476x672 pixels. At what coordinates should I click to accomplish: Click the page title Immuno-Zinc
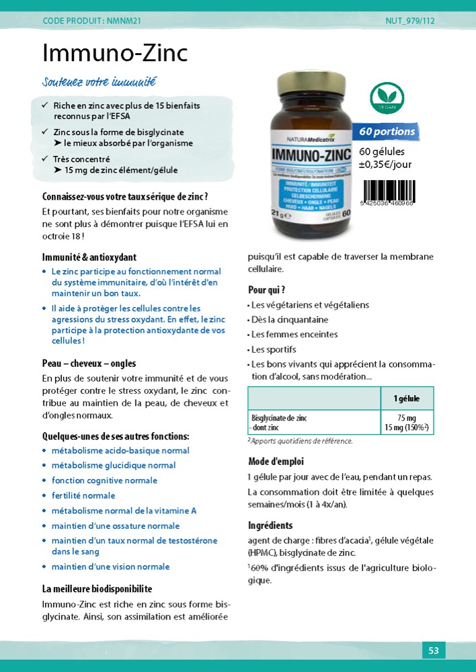(115, 53)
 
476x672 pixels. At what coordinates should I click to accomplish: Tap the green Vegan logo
(387, 98)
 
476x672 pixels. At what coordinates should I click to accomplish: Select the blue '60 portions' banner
(386, 132)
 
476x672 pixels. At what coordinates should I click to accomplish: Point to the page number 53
(434, 650)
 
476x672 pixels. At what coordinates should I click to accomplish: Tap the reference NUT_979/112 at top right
(410, 21)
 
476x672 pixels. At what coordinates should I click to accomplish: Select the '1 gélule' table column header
(406, 398)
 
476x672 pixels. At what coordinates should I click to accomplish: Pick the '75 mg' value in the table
(407, 418)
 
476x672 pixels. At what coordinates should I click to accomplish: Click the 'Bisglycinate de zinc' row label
(279, 418)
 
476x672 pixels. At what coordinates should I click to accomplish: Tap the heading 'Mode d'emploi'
(276, 462)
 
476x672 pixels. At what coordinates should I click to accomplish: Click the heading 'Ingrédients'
(270, 526)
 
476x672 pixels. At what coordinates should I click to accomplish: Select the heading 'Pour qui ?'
(267, 290)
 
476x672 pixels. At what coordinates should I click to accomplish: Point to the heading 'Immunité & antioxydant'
(89, 257)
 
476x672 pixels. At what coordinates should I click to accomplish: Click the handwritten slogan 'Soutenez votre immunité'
(99, 83)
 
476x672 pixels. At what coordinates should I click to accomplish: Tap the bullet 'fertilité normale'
(83, 496)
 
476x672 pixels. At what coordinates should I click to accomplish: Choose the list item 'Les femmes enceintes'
(294, 335)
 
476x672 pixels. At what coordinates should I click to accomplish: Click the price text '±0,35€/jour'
(385, 165)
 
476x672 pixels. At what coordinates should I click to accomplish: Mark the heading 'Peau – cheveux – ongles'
(89, 364)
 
